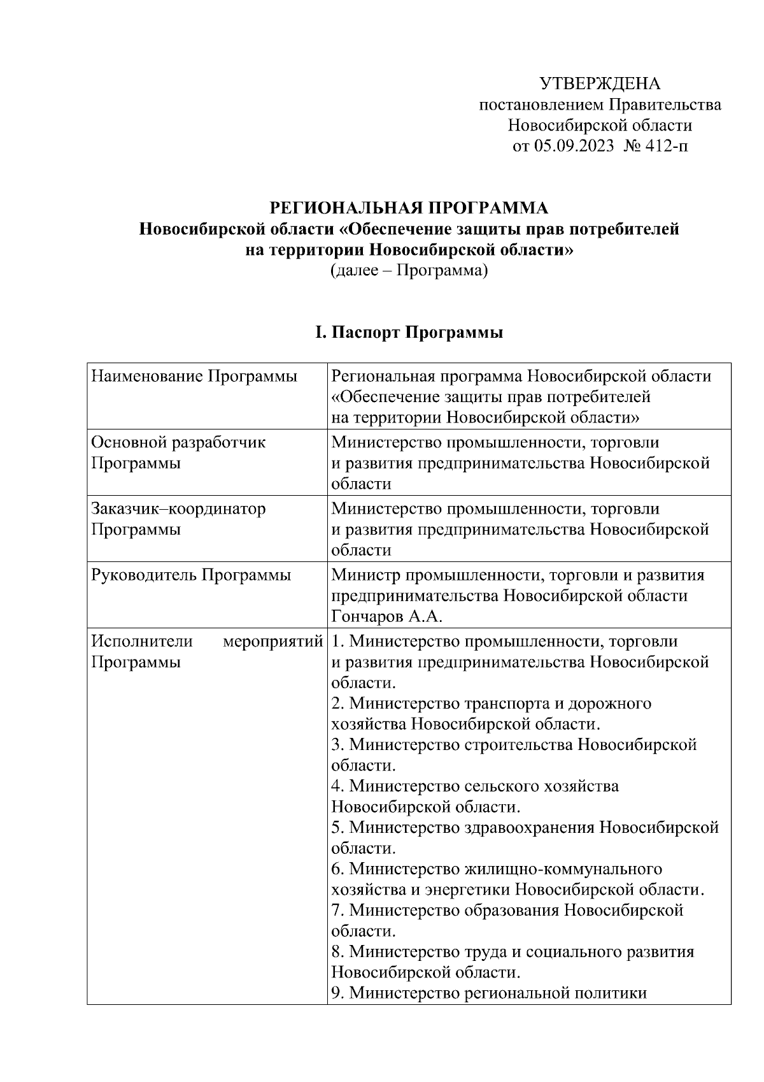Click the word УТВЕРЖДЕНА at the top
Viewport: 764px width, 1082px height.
coord(600,83)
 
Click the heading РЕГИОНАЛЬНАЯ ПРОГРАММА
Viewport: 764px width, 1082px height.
coord(409,208)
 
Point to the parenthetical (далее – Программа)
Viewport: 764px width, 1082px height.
coord(409,271)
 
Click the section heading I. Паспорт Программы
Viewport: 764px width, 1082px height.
coord(409,333)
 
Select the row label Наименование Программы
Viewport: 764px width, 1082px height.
coord(194,377)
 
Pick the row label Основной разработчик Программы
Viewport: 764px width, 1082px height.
coord(178,452)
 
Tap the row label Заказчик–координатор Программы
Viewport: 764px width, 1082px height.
coord(178,519)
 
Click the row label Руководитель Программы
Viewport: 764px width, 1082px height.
coord(191,575)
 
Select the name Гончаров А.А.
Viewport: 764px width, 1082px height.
coord(386,616)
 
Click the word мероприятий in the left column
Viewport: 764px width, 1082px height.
coord(272,642)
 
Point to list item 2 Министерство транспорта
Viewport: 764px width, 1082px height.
coord(490,703)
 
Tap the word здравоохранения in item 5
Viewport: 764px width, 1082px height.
coord(528,828)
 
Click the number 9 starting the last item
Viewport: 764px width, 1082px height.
coord(337,993)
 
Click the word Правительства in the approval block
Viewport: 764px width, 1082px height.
coord(666,105)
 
